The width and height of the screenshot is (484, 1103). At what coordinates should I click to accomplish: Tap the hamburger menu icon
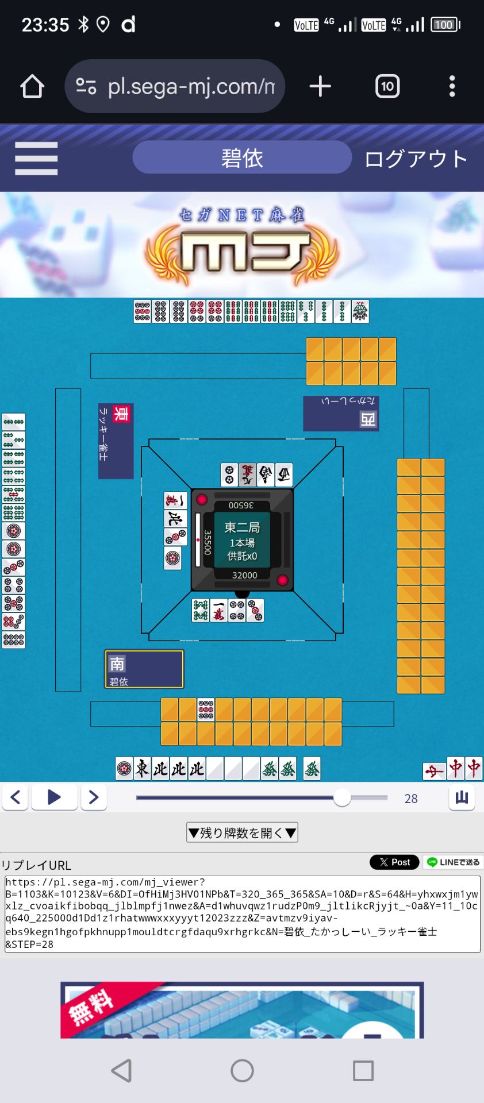tap(36, 159)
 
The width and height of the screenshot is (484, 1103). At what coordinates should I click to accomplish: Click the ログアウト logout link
tap(416, 159)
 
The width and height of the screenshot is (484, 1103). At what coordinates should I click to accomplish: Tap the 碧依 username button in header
tap(242, 158)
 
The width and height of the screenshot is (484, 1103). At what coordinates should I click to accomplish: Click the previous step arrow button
tap(16, 797)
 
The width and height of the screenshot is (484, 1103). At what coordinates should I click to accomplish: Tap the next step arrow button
tap(94, 797)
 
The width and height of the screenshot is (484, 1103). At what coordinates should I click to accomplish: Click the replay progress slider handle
tap(342, 797)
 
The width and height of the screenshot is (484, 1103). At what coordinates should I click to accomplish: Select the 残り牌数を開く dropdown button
tap(242, 832)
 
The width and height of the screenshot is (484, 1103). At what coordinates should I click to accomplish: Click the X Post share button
tap(394, 862)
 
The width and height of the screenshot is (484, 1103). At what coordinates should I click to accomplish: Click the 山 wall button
tap(462, 797)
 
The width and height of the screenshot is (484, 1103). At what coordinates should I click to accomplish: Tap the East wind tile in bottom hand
tap(143, 769)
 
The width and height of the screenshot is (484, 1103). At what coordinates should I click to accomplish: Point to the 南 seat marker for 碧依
tap(117, 664)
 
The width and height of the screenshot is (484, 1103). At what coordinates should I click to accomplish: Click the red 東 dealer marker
tap(121, 414)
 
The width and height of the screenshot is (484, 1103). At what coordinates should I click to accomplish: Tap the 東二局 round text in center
tap(242, 527)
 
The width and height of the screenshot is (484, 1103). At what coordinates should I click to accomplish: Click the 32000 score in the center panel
tap(244, 575)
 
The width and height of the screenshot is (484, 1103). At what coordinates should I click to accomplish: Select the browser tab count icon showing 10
tap(387, 87)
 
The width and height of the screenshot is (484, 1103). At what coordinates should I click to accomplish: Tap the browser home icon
tap(32, 87)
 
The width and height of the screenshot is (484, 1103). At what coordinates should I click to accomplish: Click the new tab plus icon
tap(320, 87)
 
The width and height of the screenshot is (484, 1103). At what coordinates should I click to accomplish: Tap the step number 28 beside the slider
tap(411, 799)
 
